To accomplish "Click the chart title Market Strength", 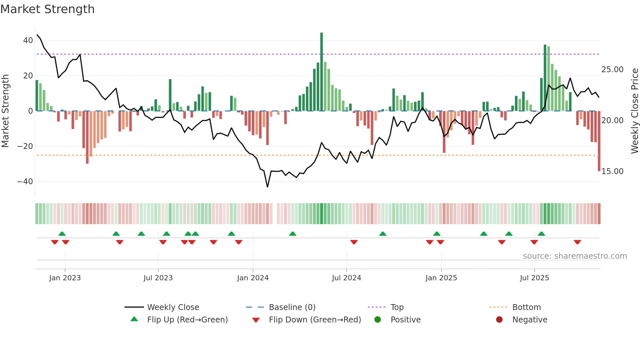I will coord(47,9).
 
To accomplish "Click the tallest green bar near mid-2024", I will coord(322,72).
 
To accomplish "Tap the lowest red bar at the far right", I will coord(599,140).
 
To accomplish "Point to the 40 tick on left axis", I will coord(28,41).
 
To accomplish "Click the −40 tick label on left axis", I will coord(25,181).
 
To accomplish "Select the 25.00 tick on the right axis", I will coord(612,70).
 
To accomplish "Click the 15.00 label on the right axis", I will coord(612,172).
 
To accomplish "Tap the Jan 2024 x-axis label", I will coord(253,278).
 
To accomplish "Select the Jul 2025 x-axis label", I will coord(534,278).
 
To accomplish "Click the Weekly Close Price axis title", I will coord(634,111).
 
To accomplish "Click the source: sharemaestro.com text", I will coord(575,256).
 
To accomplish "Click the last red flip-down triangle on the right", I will coord(577,242).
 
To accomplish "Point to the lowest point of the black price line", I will coord(267,187).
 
